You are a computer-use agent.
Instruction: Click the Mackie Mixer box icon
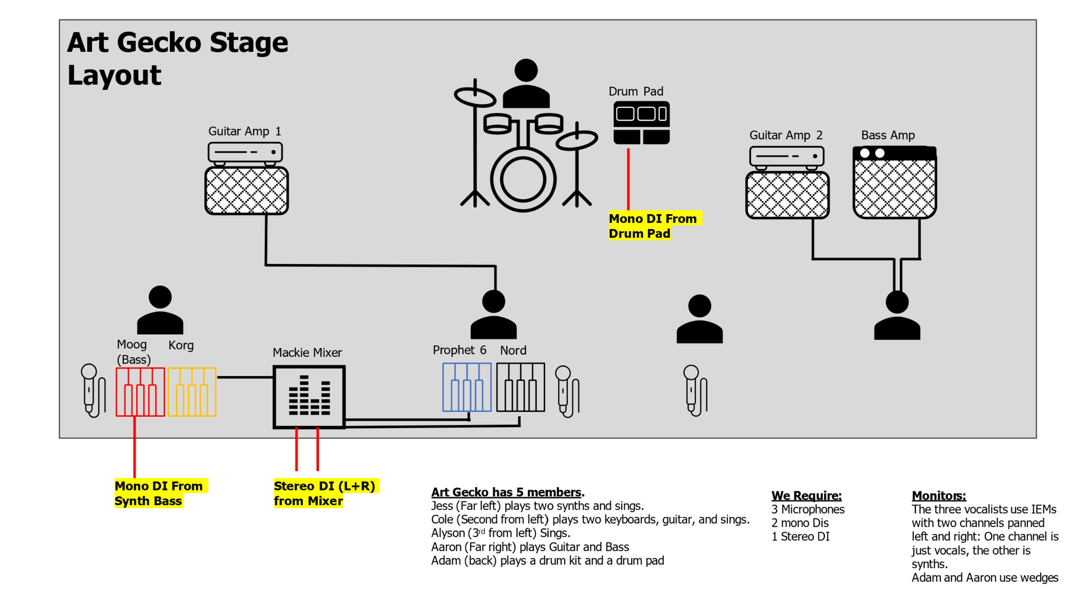coord(309,396)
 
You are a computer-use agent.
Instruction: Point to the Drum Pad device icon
coord(641,123)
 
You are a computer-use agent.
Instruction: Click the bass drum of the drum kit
coord(523,179)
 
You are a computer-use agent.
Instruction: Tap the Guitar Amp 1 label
coord(244,131)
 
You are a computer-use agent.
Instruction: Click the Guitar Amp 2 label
coord(785,135)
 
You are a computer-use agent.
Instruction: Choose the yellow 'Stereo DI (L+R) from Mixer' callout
coord(324,493)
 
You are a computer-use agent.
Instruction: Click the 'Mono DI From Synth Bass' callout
coord(159,493)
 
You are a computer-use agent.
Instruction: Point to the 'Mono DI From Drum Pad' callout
coord(653,226)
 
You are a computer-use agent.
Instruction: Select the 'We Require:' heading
coord(806,496)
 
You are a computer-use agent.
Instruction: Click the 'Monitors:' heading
coord(939,496)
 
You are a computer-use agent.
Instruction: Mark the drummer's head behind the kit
coord(526,71)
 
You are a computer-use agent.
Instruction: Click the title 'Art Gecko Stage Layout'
coord(177,58)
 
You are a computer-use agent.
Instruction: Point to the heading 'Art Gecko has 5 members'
coord(507,492)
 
